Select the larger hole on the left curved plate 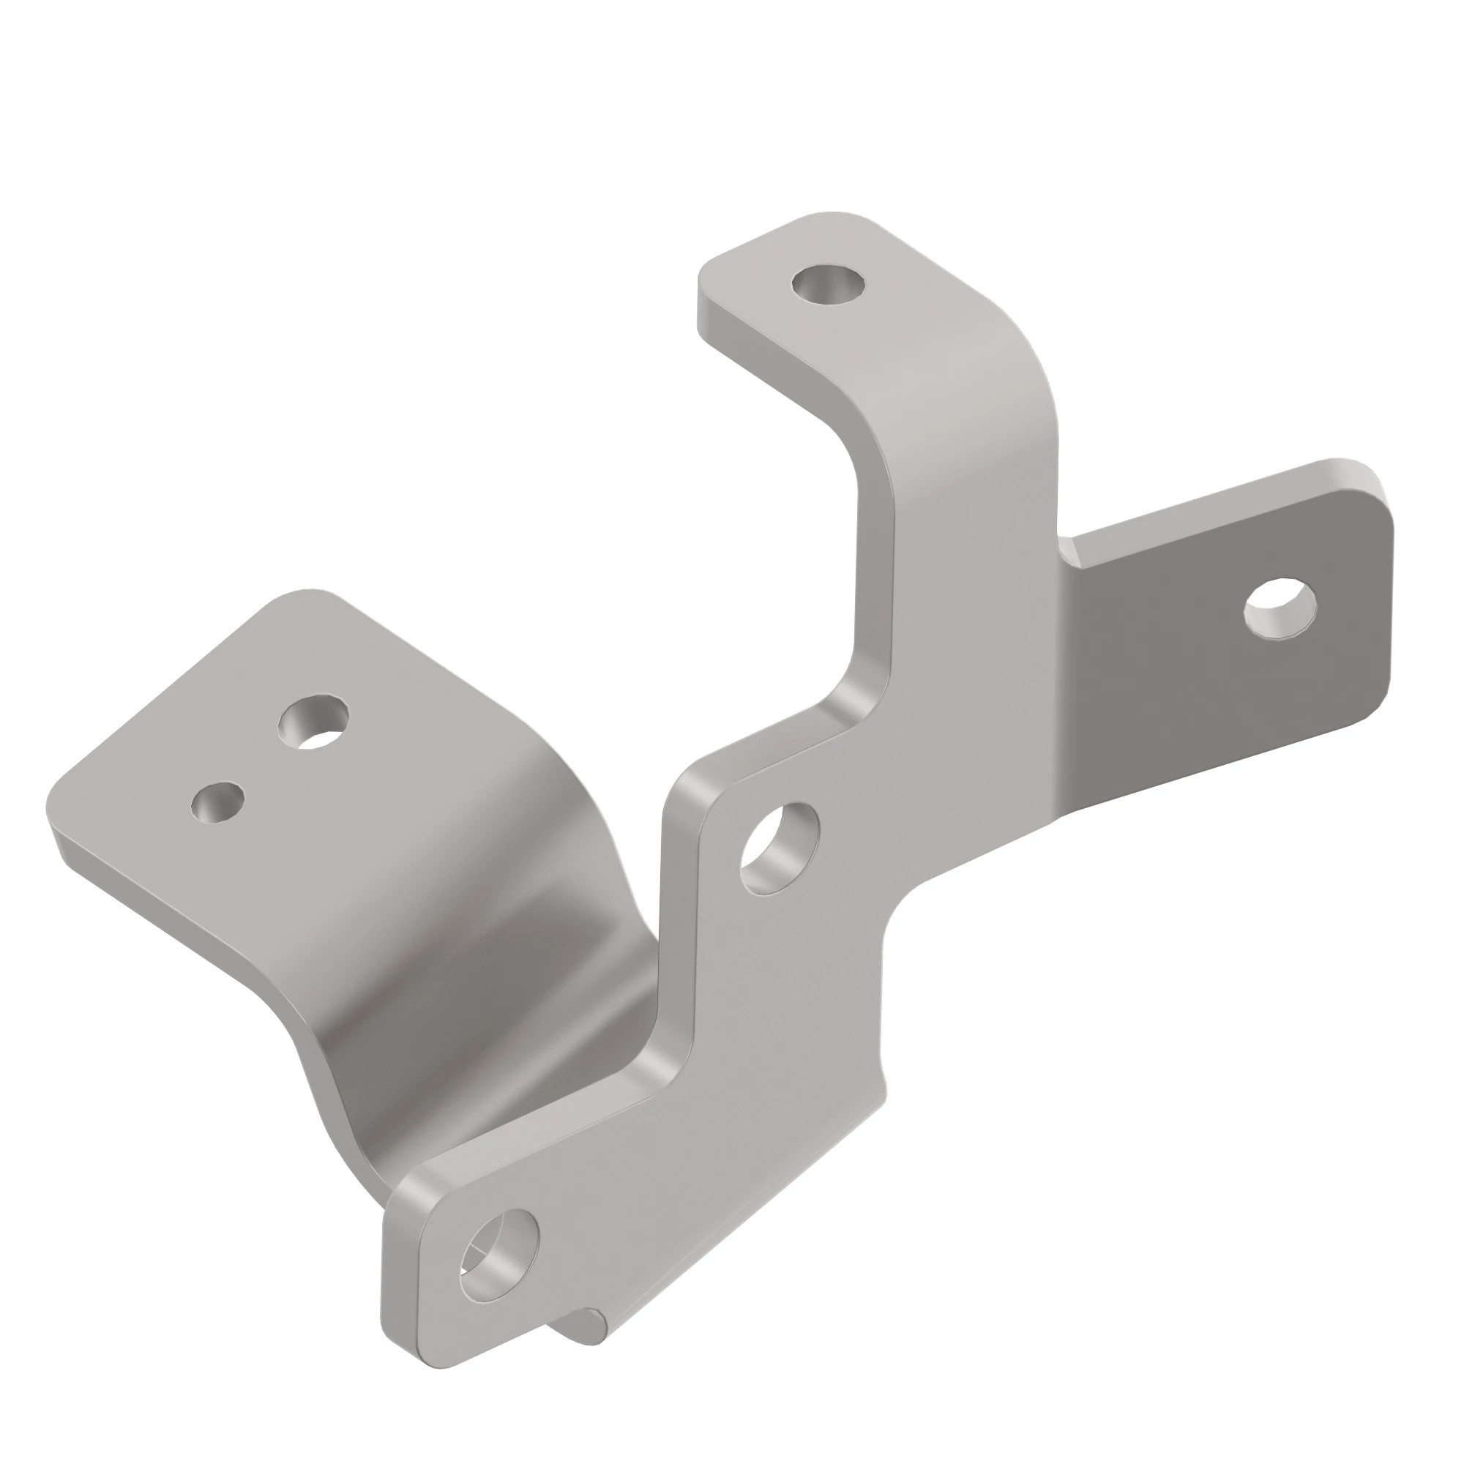(x=314, y=723)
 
